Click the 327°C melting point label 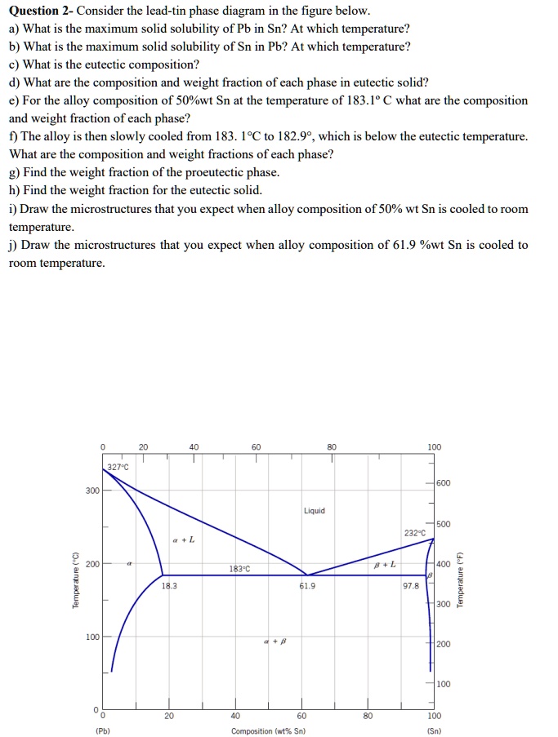pos(117,467)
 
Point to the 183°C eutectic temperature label pos(239,568)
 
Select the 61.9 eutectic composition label pos(306,585)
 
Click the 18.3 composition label pos(169,585)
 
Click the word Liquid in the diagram pos(314,511)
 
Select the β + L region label pos(385,564)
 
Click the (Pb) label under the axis pos(103,730)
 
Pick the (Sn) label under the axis pos(434,730)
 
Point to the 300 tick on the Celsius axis pos(92,491)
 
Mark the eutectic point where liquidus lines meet pos(306,575)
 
